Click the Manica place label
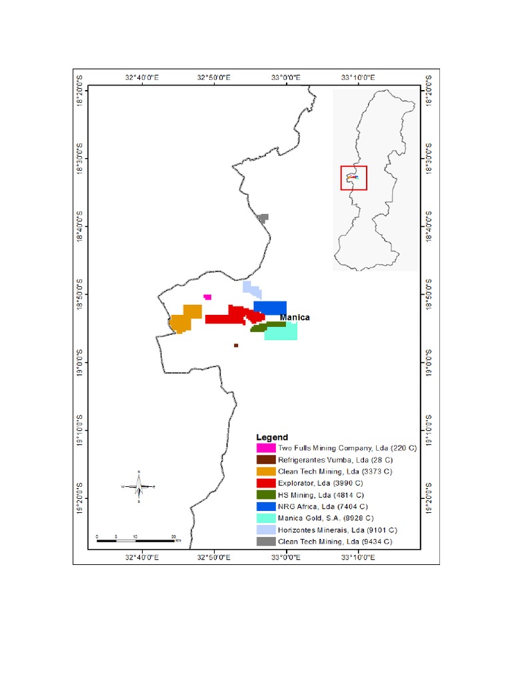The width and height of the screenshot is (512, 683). click(295, 317)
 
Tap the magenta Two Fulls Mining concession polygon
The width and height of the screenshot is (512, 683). click(207, 297)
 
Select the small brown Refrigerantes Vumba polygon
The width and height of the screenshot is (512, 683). click(236, 346)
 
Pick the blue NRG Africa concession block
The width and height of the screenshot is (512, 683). click(270, 307)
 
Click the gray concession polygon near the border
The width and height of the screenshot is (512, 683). click(263, 217)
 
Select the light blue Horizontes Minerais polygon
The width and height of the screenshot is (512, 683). click(252, 289)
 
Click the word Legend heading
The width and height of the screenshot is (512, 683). click(272, 437)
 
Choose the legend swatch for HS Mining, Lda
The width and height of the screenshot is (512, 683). click(266, 495)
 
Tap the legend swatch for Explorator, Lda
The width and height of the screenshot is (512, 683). click(266, 483)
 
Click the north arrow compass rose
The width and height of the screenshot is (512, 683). click(139, 487)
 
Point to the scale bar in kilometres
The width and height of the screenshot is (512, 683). click(136, 540)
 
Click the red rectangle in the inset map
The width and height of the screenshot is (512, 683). click(353, 178)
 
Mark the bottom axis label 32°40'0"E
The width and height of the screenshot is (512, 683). click(141, 556)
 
